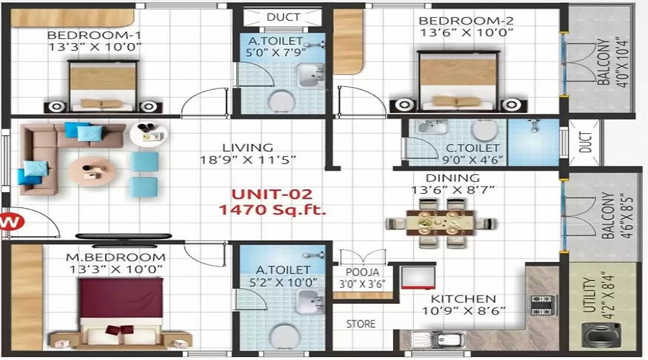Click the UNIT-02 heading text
click(271, 194)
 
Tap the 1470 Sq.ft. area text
click(272, 210)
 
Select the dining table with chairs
click(441, 223)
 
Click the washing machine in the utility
click(601, 336)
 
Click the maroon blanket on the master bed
click(121, 298)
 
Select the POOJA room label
click(362, 272)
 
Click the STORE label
click(361, 323)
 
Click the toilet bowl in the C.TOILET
click(485, 130)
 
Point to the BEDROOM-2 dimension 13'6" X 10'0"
click(466, 32)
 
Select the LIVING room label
click(248, 148)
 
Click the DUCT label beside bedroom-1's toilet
click(283, 17)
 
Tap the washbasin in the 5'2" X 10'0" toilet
click(310, 301)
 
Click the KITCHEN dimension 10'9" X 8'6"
click(463, 310)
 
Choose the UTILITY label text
click(588, 294)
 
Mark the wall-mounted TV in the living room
click(124, 236)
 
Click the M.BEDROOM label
click(116, 257)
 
